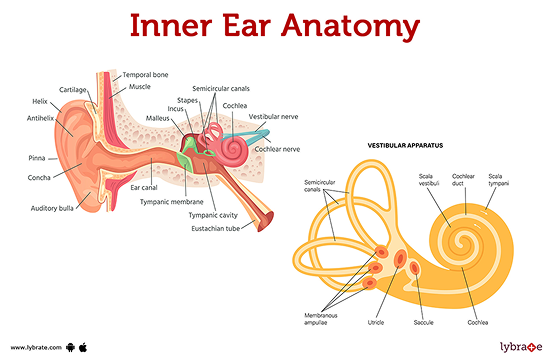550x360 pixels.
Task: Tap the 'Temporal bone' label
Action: (x=146, y=75)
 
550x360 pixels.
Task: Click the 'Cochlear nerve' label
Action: (x=277, y=150)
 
